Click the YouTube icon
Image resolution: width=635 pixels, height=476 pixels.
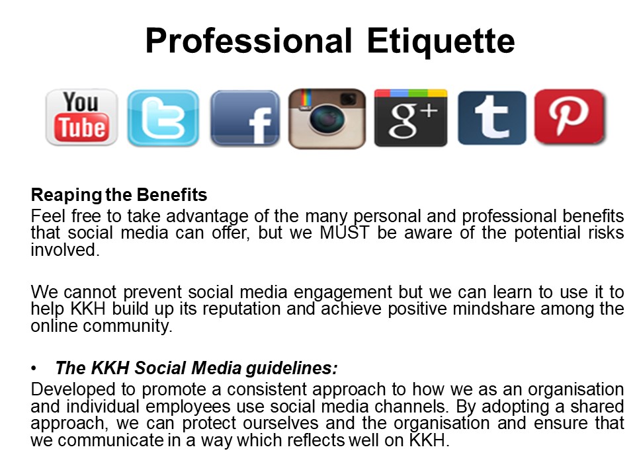81,118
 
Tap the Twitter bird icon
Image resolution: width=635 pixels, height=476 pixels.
163,118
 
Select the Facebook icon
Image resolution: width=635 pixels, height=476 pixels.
245,118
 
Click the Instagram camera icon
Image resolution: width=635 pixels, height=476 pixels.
327,118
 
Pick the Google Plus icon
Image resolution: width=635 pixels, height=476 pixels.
411,118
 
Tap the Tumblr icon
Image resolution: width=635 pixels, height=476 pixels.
492,118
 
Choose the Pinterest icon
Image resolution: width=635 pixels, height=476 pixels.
570,117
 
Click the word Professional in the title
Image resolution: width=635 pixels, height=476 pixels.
249,41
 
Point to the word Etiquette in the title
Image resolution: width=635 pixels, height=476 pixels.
441,41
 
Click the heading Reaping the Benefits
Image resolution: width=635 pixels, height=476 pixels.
119,194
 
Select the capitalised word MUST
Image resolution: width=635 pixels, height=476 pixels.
345,233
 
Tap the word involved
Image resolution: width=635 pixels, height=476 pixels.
65,250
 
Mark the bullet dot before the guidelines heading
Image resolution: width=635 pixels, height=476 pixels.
34,368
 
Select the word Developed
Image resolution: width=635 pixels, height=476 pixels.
73,390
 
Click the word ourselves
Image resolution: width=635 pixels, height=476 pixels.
280,423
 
